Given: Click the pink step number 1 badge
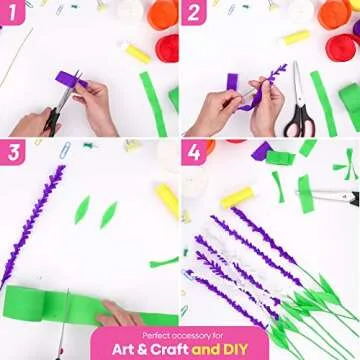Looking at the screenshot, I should (x=16, y=15).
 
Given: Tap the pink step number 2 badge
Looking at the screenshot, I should (x=196, y=15).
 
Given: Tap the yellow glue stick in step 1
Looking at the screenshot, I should (x=134, y=52).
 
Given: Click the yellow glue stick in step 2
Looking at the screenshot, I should (x=295, y=37).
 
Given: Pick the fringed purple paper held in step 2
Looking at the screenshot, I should (x=262, y=85).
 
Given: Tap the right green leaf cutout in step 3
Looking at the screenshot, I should (x=108, y=214).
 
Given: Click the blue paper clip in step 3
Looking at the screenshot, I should (x=65, y=150).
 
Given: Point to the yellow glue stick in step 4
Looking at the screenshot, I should (x=240, y=193).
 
